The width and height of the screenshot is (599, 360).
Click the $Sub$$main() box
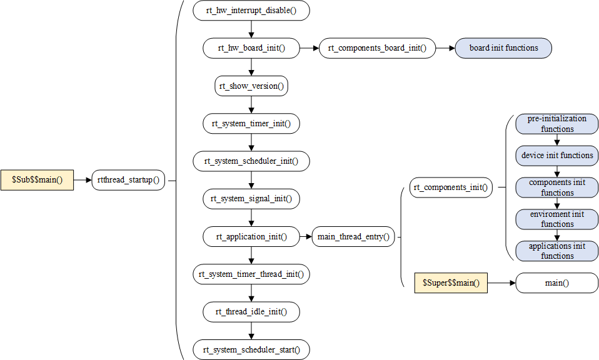tap(37, 180)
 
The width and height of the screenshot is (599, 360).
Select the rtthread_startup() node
tap(128, 180)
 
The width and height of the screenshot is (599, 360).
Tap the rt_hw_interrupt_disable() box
tap(251, 11)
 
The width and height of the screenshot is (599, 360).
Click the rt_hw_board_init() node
tap(251, 48)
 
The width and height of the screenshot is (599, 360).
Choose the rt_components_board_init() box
tap(377, 48)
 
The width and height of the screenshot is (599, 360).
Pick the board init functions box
tap(504, 48)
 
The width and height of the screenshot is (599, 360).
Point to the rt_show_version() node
tap(251, 86)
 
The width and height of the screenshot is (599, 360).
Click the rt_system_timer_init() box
tap(251, 124)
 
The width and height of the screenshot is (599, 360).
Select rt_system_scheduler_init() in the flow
tap(251, 161)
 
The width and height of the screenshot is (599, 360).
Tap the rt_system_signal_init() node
tap(251, 199)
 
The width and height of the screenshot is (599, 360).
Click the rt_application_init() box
tap(251, 237)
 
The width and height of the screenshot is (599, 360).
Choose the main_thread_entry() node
tap(353, 237)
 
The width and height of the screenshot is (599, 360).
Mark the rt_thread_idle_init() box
tap(251, 311)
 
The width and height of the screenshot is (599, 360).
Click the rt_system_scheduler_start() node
tap(251, 349)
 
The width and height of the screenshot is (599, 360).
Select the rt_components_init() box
tap(451, 187)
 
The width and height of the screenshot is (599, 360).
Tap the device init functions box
tap(556, 155)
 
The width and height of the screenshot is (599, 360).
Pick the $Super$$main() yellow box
tap(451, 283)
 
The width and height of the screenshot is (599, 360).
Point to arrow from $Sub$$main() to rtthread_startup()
tap(83, 180)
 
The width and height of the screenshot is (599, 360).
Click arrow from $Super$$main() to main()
tap(501, 283)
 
